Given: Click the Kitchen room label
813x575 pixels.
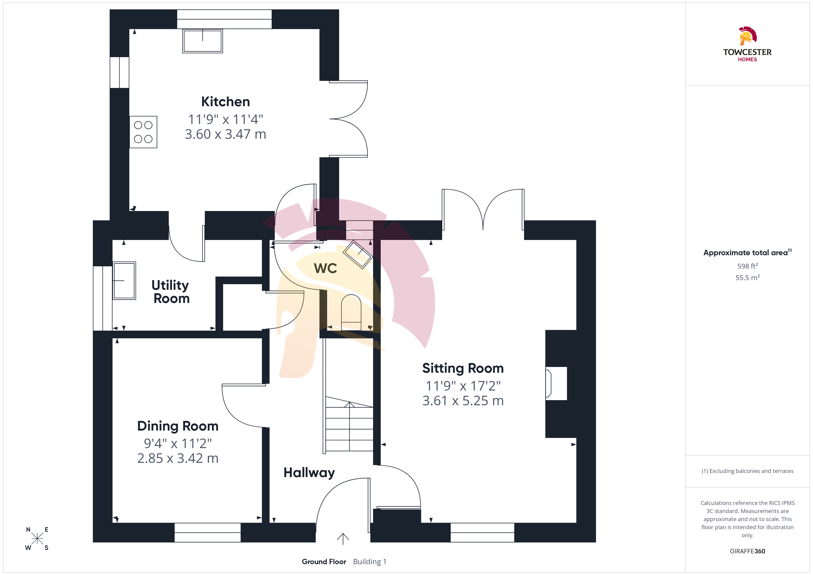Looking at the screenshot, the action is [x=226, y=102].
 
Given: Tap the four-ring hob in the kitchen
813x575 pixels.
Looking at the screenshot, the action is [x=143, y=132].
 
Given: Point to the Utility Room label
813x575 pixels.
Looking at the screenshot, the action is [x=171, y=292].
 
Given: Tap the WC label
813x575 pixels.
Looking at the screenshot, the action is [x=325, y=268].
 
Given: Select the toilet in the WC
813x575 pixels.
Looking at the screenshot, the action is [x=351, y=312].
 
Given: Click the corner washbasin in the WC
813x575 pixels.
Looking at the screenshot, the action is [x=358, y=254].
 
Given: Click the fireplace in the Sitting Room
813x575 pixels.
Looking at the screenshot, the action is [x=556, y=384].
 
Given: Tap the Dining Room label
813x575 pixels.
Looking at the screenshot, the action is [x=178, y=426].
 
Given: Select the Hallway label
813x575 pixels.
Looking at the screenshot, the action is [x=309, y=473].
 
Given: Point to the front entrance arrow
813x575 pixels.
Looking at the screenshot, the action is [x=343, y=539].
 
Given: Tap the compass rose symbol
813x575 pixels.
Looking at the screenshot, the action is [x=37, y=539].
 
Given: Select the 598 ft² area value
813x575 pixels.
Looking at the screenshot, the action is [x=748, y=266].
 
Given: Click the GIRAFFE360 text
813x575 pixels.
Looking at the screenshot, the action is [x=748, y=551].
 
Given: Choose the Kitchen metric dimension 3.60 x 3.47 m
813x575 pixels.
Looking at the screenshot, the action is [x=226, y=134].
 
